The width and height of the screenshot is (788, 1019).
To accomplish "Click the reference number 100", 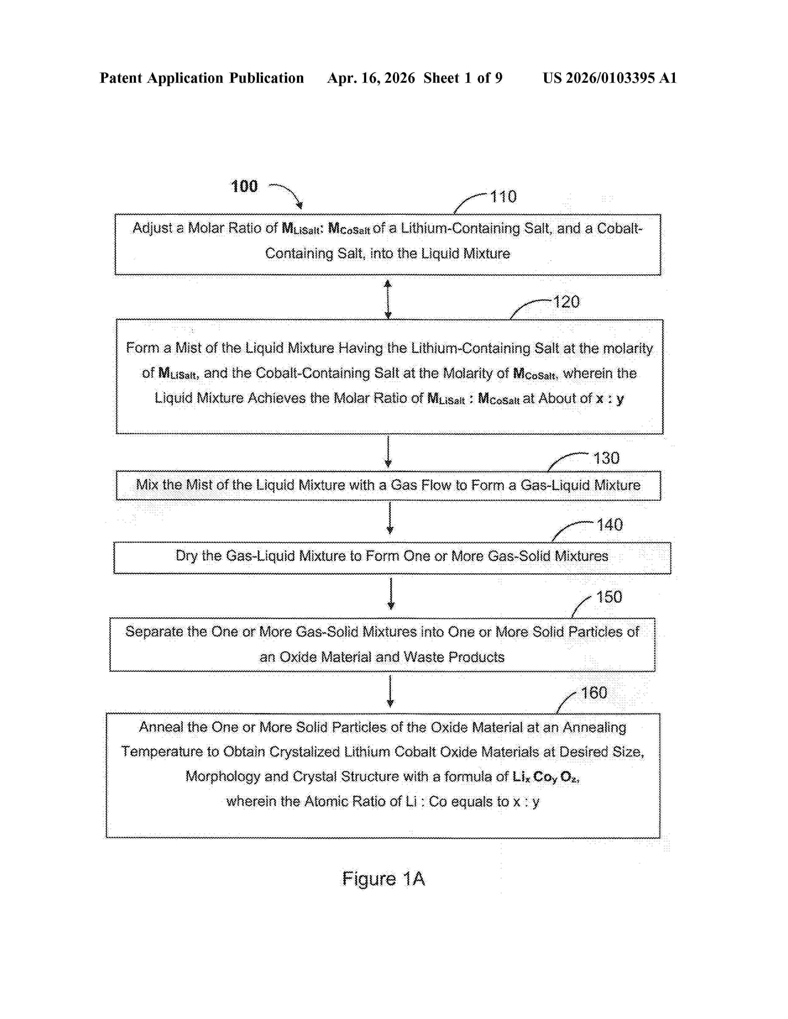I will (x=244, y=186).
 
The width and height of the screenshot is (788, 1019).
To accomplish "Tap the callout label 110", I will (x=503, y=196).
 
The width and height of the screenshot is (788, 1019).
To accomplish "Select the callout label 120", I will (x=566, y=302).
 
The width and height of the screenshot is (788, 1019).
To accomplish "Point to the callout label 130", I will (x=606, y=458).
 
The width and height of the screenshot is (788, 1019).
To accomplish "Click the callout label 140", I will (x=609, y=525).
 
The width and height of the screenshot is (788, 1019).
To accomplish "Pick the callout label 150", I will (x=609, y=597).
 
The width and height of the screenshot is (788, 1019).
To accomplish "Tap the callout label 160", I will (x=594, y=693).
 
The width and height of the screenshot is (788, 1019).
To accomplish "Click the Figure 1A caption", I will (x=383, y=879).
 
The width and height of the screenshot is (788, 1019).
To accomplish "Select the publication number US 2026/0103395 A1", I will (x=609, y=78).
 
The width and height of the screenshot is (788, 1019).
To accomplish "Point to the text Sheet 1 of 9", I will (x=463, y=78).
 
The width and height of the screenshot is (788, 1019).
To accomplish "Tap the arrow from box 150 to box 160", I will (x=390, y=691).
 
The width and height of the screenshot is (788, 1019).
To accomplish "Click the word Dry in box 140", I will (x=186, y=556).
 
